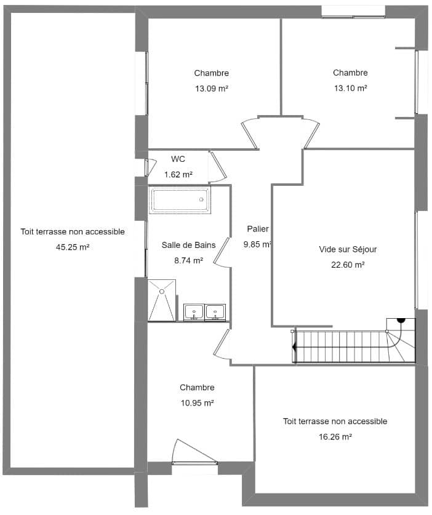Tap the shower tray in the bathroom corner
coord(162,300)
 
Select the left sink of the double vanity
coord(194,312)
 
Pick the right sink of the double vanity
coord(215,312)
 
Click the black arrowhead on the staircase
coord(294,347)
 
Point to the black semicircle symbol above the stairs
coord(400,320)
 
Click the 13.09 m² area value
coord(212,89)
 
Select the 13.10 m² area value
coord(350,88)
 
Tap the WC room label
coord(178,159)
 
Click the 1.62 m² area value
coord(178,175)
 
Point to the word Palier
coord(258,229)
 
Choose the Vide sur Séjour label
coord(348,249)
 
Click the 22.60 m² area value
coord(348,265)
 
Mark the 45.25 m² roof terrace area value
coord(73,247)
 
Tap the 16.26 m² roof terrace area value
coord(335,437)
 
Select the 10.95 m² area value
coord(197,403)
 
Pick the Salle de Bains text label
coord(188,245)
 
